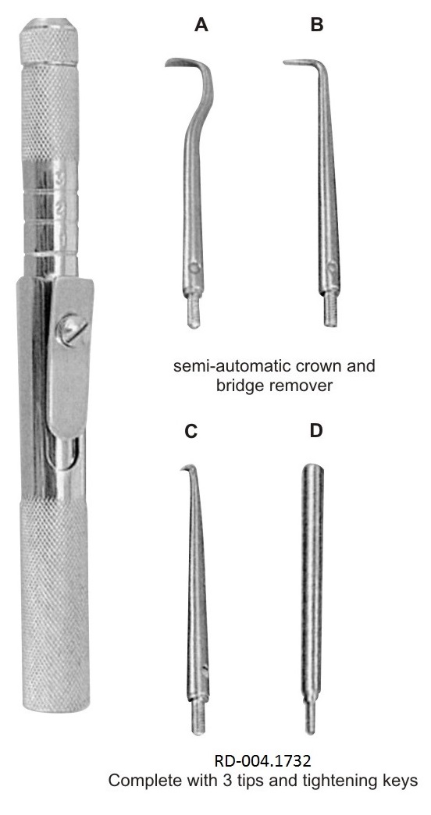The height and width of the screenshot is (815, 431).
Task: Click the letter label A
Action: pyautogui.click(x=201, y=24)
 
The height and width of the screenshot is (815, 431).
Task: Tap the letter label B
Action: pyautogui.click(x=317, y=24)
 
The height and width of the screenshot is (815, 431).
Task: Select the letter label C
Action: pyautogui.click(x=191, y=431)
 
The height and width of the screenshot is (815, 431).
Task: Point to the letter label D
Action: pyautogui.click(x=316, y=431)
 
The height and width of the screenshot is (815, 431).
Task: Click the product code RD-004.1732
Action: pyautogui.click(x=262, y=761)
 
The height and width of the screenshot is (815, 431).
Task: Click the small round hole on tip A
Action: pyautogui.click(x=194, y=268)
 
